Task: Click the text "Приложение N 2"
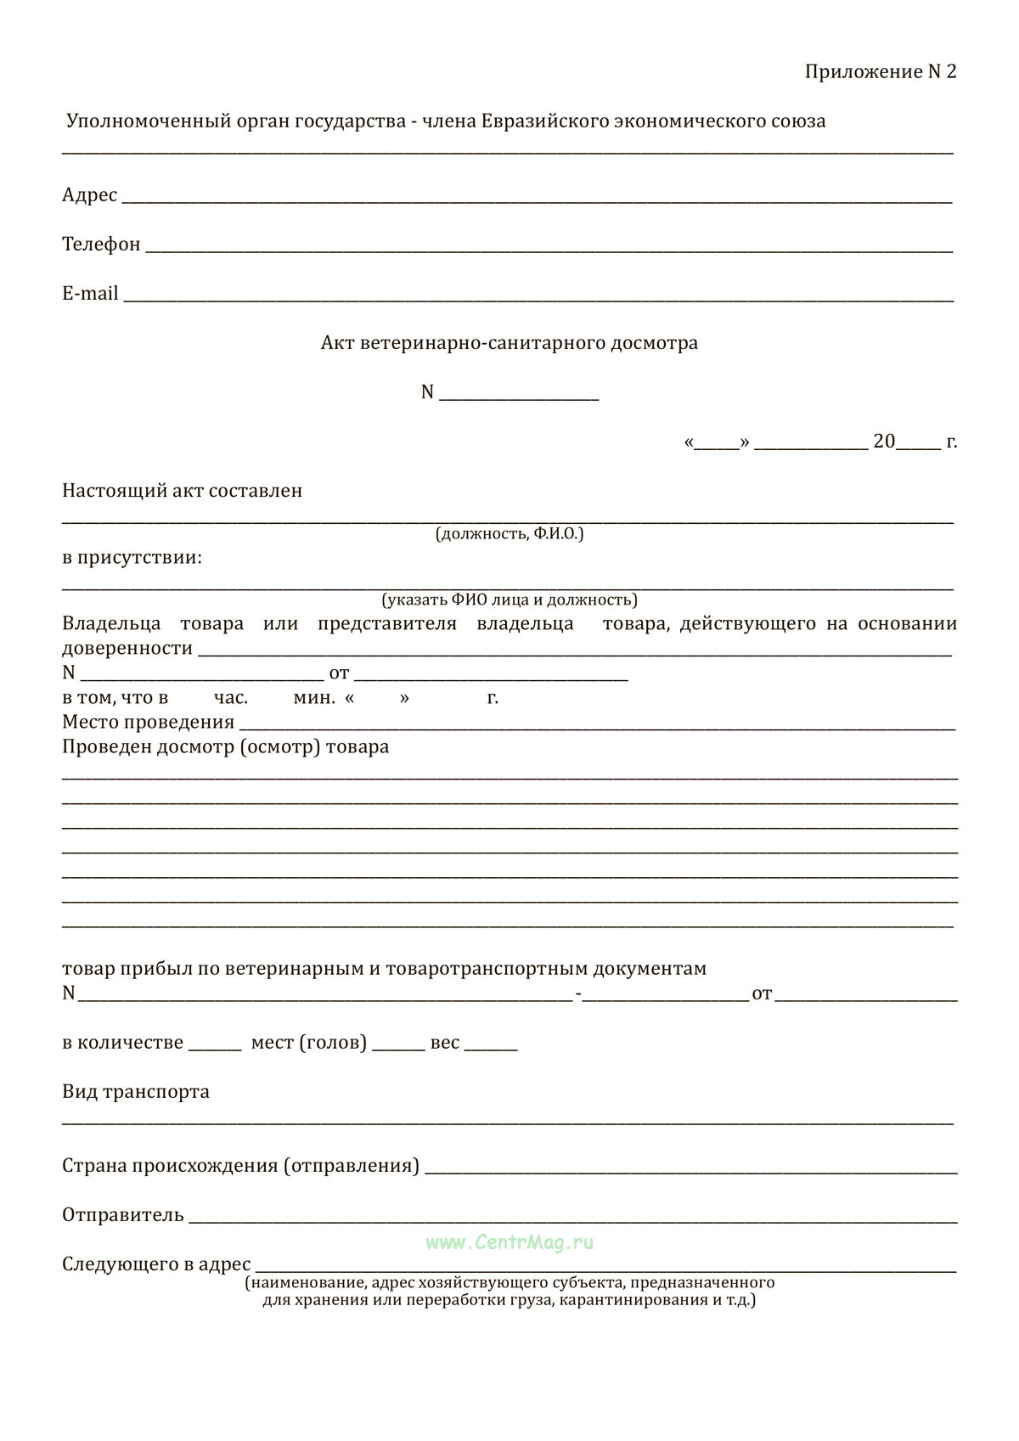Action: (880, 72)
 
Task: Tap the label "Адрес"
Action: (89, 195)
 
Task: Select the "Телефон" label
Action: (101, 245)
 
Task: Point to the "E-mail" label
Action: (90, 294)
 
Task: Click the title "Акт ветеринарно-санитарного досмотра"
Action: (509, 343)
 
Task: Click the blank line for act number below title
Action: (519, 396)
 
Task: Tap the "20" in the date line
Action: (884, 442)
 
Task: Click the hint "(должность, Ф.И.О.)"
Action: (509, 534)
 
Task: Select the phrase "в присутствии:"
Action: (132, 559)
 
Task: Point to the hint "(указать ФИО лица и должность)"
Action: (509, 600)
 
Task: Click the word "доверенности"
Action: (127, 649)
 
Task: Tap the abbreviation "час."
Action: (231, 698)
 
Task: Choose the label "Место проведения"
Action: (148, 723)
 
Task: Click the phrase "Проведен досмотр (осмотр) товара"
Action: (226, 747)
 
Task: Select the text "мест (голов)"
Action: (309, 1043)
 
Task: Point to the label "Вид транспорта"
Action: (136, 1092)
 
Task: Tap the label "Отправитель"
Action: (123, 1215)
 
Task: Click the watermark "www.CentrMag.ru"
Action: (509, 1242)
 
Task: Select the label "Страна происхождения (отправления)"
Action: (240, 1166)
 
